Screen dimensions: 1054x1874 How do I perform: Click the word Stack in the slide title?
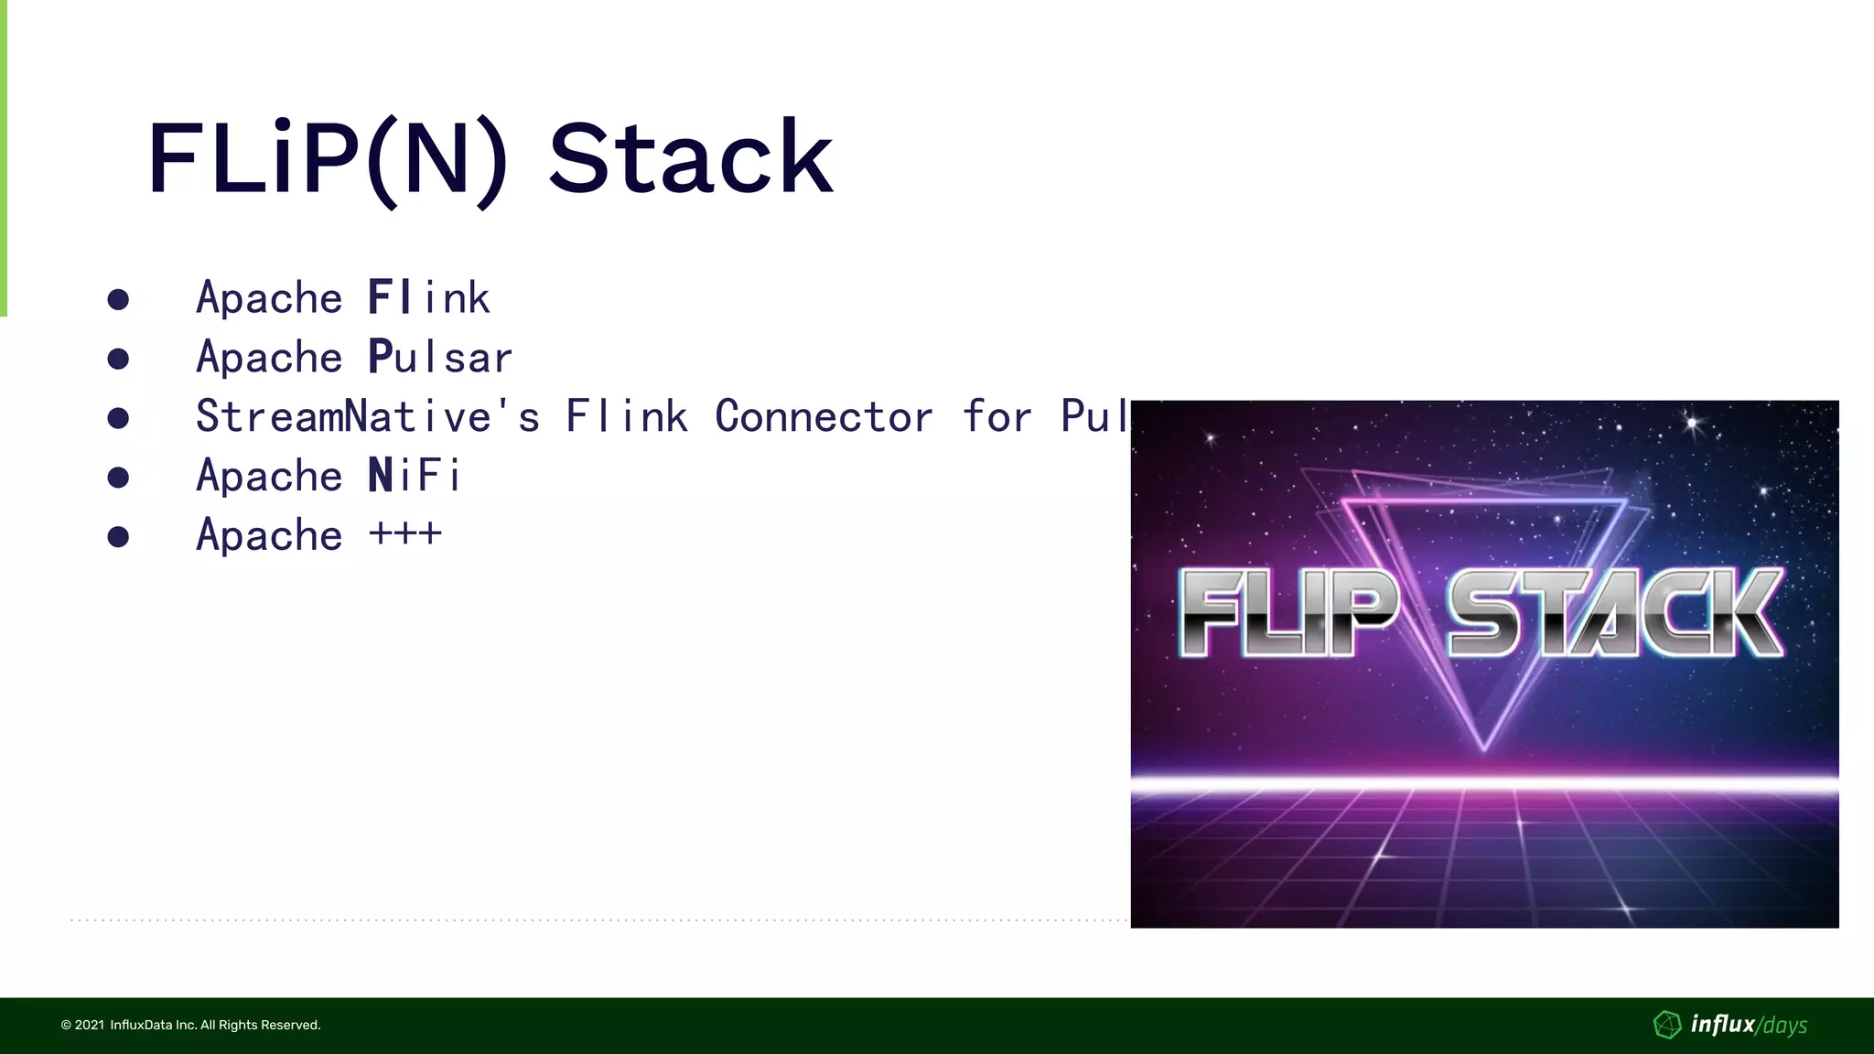pyautogui.click(x=691, y=158)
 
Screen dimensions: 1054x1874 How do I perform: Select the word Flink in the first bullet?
pyautogui.click(x=429, y=297)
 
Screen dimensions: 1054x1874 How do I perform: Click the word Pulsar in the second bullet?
pyautogui.click(x=440, y=357)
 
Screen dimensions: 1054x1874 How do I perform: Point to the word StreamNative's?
pyautogui.click(x=368, y=416)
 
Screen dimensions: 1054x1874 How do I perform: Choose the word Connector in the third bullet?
pyautogui.click(x=824, y=416)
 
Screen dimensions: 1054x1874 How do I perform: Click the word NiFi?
pyautogui.click(x=415, y=476)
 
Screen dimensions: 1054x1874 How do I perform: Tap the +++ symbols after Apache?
pyautogui.click(x=405, y=533)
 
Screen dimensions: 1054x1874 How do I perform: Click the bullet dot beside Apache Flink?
pyautogui.click(x=118, y=299)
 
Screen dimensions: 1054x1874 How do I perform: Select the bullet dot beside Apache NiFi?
pyautogui.click(x=118, y=477)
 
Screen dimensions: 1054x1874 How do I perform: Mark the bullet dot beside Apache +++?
pyautogui.click(x=118, y=536)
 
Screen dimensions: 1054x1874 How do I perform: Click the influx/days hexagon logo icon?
pyautogui.click(x=1667, y=1025)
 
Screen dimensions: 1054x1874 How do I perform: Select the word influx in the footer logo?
pyautogui.click(x=1722, y=1024)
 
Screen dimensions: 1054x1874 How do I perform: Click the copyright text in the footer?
pyautogui.click(x=190, y=1025)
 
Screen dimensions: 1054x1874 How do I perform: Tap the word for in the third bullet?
pyautogui.click(x=996, y=416)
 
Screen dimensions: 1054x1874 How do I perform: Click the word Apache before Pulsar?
pyautogui.click(x=269, y=357)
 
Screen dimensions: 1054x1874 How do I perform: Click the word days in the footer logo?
pyautogui.click(x=1784, y=1026)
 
